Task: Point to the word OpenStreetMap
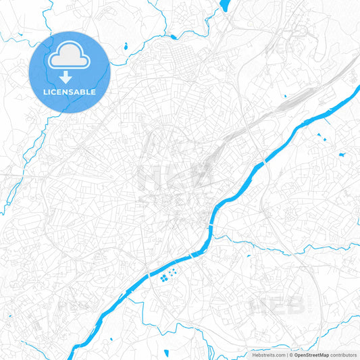pyautogui.click(x=311, y=355)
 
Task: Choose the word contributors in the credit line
pyautogui.click(x=343, y=355)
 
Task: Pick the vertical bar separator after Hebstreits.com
pyautogui.click(x=286, y=355)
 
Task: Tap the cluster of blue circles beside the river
pyautogui.click(x=168, y=276)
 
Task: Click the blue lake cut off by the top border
pyautogui.click(x=224, y=5)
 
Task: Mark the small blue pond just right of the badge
pyautogui.click(x=126, y=47)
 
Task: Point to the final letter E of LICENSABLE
pyautogui.click(x=93, y=92)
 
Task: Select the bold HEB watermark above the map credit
pyautogui.click(x=277, y=306)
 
